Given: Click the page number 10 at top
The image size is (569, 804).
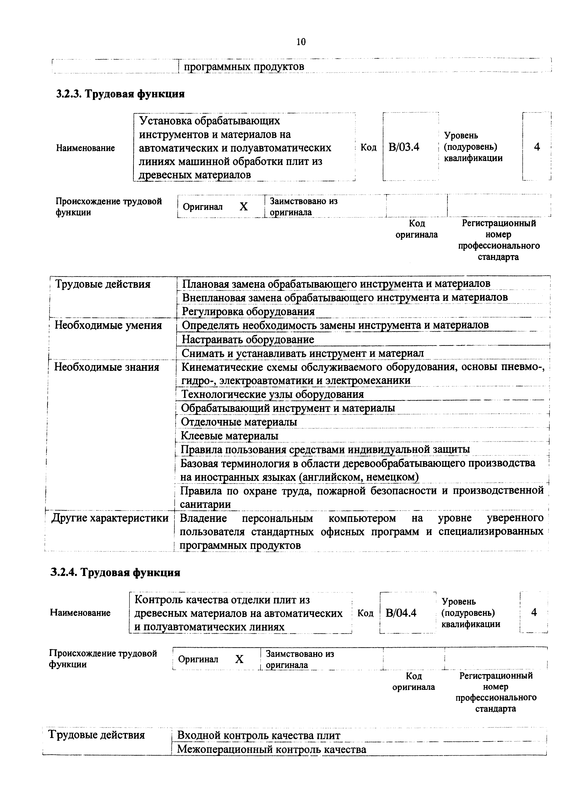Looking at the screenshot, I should click(301, 42).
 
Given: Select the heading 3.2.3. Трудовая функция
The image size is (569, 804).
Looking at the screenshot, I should click(120, 94).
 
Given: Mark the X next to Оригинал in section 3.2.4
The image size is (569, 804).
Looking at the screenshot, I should click(239, 659).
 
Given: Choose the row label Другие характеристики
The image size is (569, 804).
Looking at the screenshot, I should click(110, 518).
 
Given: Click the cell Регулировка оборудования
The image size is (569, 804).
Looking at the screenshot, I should click(248, 311).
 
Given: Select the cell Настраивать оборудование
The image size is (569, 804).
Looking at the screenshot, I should click(248, 339).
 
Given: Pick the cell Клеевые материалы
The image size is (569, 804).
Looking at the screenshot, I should click(230, 436).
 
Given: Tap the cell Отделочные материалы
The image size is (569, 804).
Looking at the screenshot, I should click(239, 422).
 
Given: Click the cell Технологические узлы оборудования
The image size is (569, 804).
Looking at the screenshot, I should click(272, 394).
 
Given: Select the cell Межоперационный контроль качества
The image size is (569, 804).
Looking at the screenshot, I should click(272, 749).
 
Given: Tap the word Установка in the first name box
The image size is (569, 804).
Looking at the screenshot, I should click(165, 121).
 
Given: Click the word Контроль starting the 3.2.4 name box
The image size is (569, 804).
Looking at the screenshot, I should click(157, 600).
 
